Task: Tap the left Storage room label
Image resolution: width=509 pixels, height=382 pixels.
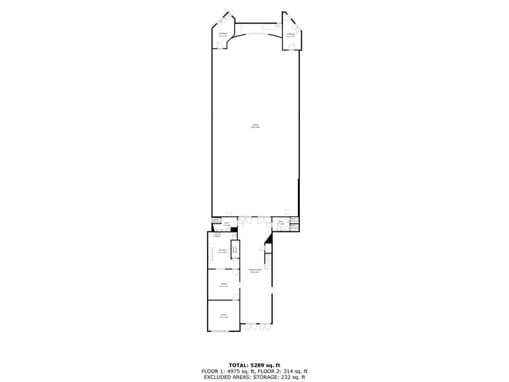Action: click(223, 34)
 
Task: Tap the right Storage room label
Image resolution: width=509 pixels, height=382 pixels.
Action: click(290, 34)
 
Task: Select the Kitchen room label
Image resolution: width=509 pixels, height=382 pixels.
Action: click(221, 251)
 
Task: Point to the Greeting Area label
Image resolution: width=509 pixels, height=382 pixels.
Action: click(255, 270)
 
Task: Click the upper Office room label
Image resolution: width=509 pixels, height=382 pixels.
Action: click(223, 285)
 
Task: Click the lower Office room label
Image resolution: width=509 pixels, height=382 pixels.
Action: click(223, 316)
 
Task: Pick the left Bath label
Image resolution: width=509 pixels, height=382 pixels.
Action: click(227, 224)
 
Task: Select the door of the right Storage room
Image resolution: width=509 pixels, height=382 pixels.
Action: click(287, 15)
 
